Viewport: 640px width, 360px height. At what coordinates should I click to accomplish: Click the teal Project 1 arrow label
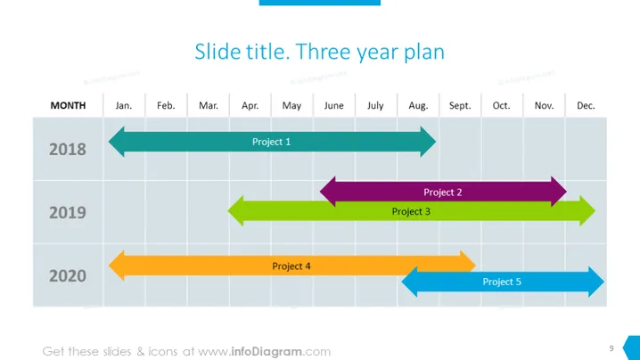pos(271,142)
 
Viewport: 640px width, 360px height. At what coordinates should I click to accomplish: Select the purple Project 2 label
pos(442,192)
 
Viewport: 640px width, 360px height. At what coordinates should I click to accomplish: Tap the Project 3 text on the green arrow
pos(411,211)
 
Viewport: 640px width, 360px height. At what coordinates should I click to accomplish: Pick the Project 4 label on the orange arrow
pos(291,266)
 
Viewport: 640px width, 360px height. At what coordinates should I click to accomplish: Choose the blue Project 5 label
pos(502,282)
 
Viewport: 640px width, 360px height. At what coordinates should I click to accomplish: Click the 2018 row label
pos(68,150)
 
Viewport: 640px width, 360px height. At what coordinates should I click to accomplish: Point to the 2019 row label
pos(68,213)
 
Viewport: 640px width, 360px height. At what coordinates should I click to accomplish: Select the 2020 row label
pos(68,276)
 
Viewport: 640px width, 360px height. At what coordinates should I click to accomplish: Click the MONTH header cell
pos(68,105)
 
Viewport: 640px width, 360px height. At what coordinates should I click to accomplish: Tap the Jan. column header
pos(124,106)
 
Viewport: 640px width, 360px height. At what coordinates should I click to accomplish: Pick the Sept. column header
pos(460,106)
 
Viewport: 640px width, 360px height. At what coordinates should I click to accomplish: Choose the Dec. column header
pos(586,106)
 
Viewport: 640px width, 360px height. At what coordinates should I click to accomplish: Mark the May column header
pos(291,106)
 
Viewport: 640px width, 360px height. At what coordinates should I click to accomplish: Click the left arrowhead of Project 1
pos(117,142)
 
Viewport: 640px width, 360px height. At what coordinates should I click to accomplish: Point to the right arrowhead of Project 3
pos(587,211)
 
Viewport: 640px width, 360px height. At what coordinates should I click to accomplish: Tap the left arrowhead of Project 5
pos(409,282)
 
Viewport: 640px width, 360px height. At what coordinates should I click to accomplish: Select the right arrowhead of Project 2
pos(559,192)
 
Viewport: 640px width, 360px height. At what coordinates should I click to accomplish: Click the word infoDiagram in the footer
pos(267,351)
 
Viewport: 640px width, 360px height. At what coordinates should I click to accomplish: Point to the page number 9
pos(611,348)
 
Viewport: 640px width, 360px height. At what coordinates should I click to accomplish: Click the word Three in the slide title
pos(323,52)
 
